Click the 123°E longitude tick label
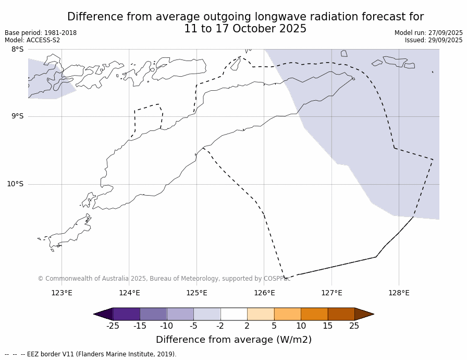[62, 293]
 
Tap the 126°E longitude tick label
[264, 293]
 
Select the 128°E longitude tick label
[399, 293]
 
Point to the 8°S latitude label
[17, 49]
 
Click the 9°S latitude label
[17, 116]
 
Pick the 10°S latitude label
[15, 184]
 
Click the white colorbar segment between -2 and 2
[233, 314]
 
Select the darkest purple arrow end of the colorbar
[104, 314]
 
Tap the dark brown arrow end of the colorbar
[364, 314]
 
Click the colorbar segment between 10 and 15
[314, 314]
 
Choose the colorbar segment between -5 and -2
[207, 314]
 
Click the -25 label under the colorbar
[113, 326]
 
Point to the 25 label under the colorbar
[354, 326]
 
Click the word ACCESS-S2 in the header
[43, 40]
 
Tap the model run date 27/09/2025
[445, 33]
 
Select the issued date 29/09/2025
[445, 40]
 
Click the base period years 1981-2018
[60, 33]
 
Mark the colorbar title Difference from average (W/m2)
[233, 340]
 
